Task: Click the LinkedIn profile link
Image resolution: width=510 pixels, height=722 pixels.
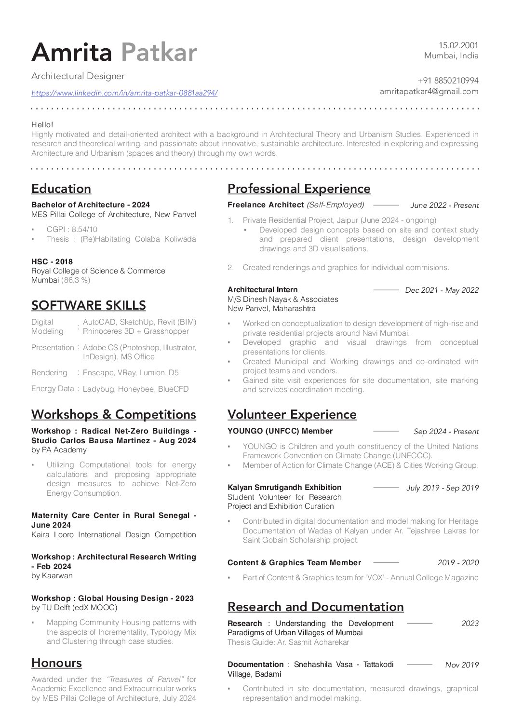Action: tap(124, 93)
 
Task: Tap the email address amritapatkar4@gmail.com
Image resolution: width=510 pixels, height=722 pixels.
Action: tap(429, 92)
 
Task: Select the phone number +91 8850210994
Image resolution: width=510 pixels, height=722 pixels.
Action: tap(448, 81)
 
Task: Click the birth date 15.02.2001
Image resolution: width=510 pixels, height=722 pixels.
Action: tap(458, 45)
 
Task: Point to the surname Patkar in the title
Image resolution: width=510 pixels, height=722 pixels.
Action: tap(159, 53)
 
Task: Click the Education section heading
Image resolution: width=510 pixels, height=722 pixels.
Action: tap(61, 189)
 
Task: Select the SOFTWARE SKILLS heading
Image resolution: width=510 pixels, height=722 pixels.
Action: tap(89, 305)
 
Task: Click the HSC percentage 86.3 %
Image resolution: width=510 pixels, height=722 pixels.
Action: tap(76, 280)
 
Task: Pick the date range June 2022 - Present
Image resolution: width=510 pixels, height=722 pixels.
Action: tap(444, 205)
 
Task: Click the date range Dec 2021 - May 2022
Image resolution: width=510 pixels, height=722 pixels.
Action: tap(442, 290)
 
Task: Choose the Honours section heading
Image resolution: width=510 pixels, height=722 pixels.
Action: tap(56, 663)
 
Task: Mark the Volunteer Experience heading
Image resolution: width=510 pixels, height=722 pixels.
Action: tap(292, 414)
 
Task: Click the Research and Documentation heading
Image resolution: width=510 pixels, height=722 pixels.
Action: tap(316, 607)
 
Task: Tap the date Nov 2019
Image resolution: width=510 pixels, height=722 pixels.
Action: tap(462, 665)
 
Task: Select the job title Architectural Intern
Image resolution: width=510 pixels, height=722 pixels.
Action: tap(263, 290)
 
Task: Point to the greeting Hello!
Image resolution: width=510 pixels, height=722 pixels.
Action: tap(42, 124)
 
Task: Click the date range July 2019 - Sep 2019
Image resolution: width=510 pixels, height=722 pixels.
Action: tap(443, 488)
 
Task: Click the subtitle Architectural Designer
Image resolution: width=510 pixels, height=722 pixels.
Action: tap(78, 76)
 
